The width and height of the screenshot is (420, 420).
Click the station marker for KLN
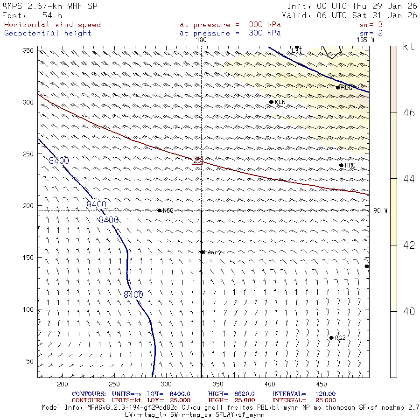(x=271, y=102)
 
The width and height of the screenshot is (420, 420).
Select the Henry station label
(x=212, y=252)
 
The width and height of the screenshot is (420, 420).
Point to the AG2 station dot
(x=331, y=338)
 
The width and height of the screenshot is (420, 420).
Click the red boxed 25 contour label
(x=197, y=160)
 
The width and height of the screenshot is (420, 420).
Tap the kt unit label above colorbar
(x=408, y=47)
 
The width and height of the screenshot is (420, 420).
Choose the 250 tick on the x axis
(x=113, y=384)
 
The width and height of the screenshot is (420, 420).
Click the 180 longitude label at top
(x=201, y=40)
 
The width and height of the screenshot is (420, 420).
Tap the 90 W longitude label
(x=380, y=210)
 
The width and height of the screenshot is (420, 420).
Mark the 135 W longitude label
(x=365, y=40)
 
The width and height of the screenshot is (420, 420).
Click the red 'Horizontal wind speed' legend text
(x=52, y=25)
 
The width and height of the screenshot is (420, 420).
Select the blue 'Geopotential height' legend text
(x=48, y=33)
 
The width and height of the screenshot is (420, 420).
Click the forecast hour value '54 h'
(x=52, y=15)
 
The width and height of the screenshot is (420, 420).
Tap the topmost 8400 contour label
(x=59, y=161)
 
